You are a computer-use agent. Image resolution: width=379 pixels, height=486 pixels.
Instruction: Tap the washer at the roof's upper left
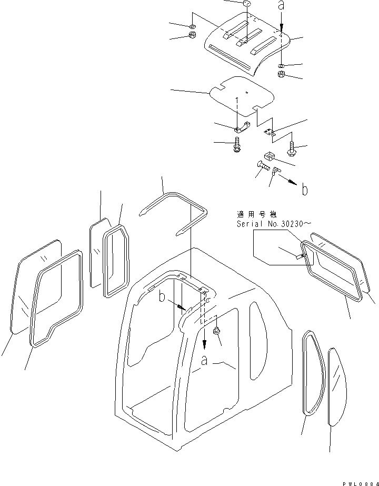192,26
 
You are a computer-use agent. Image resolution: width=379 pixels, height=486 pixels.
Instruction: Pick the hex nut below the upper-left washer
192,36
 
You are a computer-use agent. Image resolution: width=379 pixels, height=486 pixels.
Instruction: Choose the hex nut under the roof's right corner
282,75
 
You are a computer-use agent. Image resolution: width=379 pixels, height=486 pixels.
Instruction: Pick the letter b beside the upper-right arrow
305,190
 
